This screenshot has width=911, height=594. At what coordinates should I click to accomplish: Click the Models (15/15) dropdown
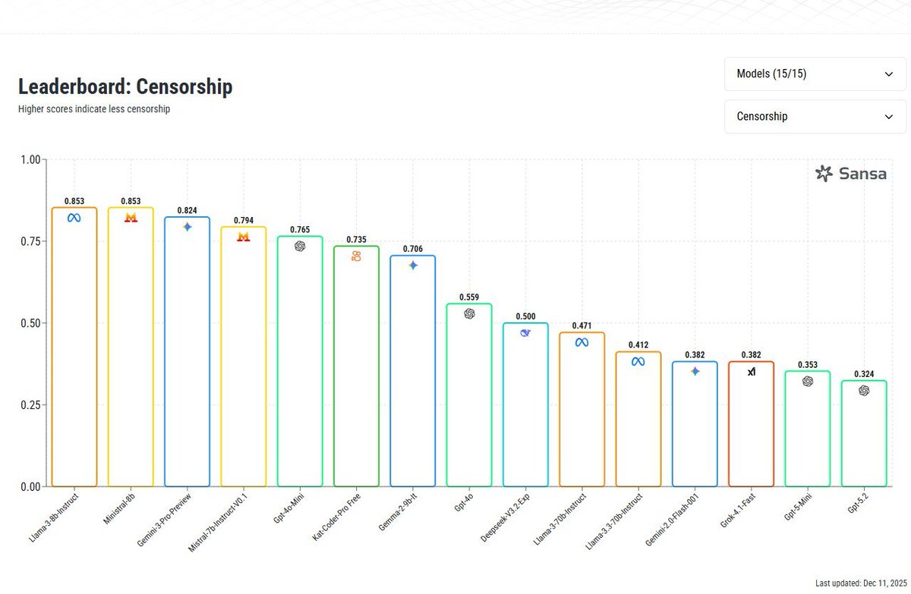(x=815, y=74)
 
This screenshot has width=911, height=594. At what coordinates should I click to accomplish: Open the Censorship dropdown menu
(x=815, y=117)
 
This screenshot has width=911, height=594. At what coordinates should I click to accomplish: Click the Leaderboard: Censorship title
(x=125, y=87)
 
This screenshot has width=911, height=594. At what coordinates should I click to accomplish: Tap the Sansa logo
(x=851, y=174)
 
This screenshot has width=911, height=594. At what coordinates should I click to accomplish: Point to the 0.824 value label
(x=188, y=210)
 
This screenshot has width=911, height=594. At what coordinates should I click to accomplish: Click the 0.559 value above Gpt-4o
(x=469, y=297)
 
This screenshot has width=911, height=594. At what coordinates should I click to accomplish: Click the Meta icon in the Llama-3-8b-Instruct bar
(x=74, y=218)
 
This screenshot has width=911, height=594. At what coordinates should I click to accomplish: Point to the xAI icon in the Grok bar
(x=751, y=372)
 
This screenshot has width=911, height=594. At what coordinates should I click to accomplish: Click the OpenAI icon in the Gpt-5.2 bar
(x=864, y=391)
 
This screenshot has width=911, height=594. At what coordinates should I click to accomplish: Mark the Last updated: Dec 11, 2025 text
(x=861, y=583)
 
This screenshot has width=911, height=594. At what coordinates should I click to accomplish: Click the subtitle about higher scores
(x=94, y=109)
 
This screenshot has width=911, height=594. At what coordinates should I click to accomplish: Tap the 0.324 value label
(x=864, y=374)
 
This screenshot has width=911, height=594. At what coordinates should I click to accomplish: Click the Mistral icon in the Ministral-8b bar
(x=131, y=218)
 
